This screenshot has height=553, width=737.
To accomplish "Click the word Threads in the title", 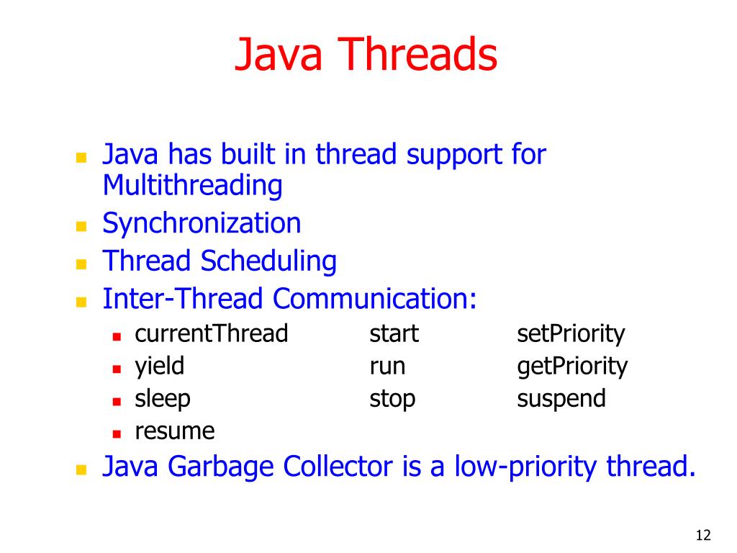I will point(419,56).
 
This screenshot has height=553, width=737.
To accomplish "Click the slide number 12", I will point(703,534).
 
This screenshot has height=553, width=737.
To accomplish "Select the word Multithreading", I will point(192,186).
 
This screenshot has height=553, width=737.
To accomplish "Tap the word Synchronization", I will point(202,223).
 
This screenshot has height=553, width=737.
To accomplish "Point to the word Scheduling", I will point(268,261).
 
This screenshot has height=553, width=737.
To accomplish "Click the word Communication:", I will point(375,297).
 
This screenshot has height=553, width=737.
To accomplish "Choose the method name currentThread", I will point(212,334).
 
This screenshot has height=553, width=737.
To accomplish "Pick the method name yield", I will point(160,367).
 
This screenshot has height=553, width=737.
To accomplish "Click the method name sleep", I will point(163,399).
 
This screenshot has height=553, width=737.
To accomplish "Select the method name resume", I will point(175,431).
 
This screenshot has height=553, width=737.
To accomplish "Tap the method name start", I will point(394,334).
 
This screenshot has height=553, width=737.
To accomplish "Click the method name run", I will point(387,367).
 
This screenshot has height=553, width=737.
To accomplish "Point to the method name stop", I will point(392,399).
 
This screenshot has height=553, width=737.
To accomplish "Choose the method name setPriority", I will point(571,334).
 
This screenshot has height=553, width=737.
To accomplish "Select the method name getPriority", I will point(572,367).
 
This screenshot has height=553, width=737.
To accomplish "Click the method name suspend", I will point(561,399).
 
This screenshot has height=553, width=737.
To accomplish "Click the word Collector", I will point(338,467).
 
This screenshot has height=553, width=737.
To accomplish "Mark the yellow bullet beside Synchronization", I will point(81,225).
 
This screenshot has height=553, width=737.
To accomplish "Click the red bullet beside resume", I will point(116,433).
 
